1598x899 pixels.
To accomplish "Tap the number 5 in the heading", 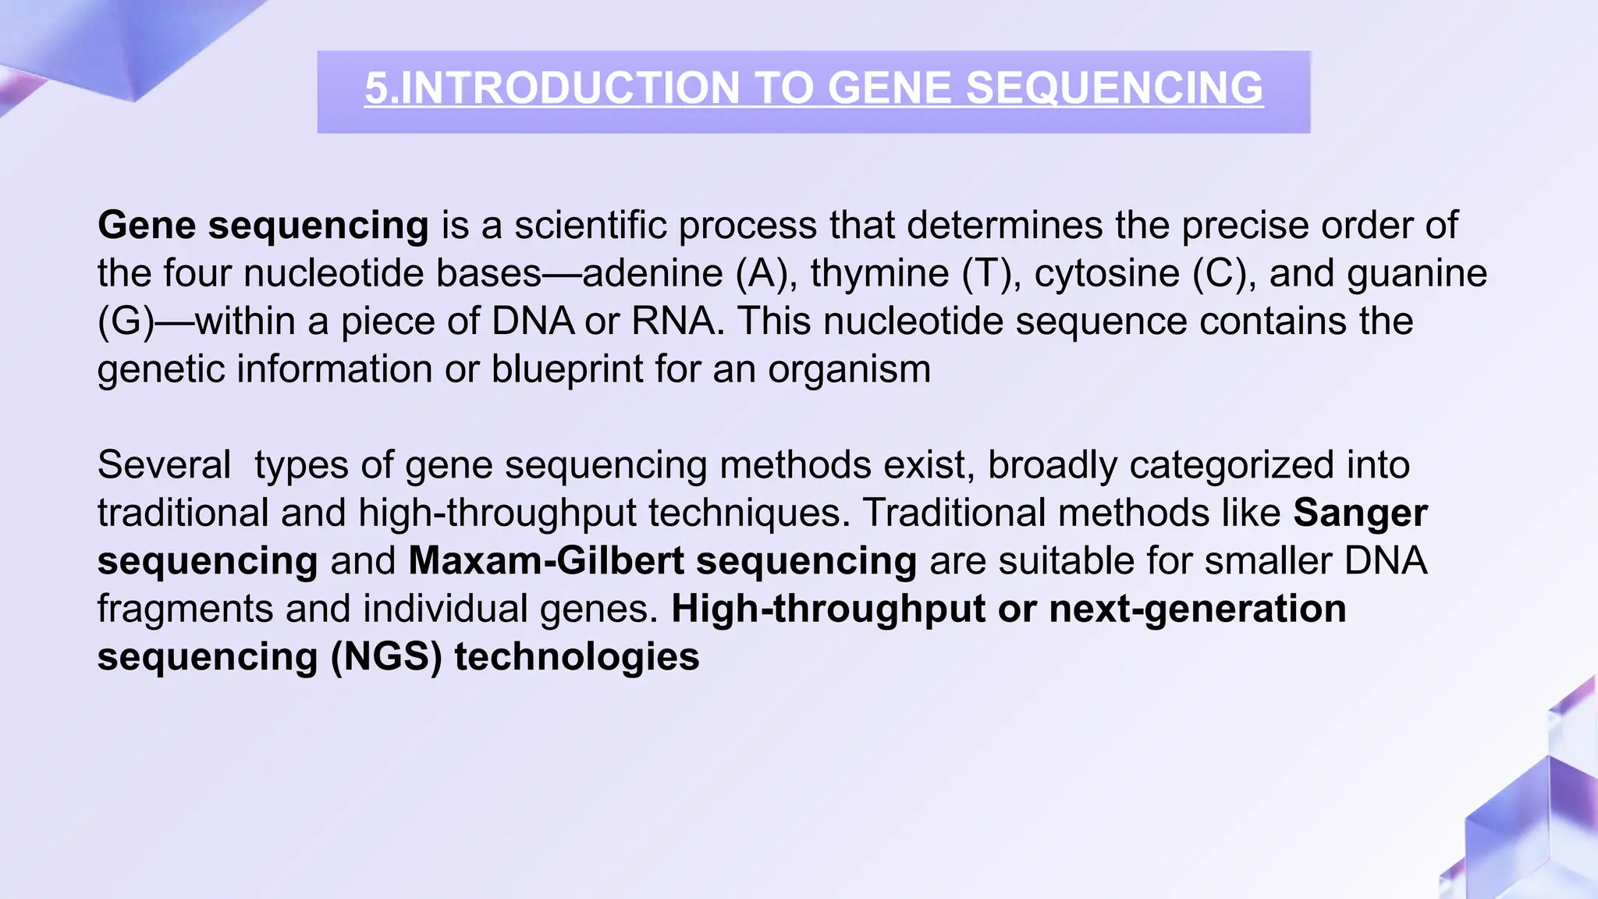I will click(x=376, y=87).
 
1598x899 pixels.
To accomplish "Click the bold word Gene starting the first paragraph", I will click(x=147, y=226).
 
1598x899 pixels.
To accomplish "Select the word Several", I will click(x=164, y=465).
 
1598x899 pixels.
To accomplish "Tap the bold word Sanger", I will click(x=1360, y=513).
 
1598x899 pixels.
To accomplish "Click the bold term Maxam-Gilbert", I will click(x=546, y=561).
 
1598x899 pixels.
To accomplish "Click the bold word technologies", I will click(x=577, y=657).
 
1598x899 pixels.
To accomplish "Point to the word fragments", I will click(x=185, y=609).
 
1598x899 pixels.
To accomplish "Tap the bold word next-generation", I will click(x=1198, y=609).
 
